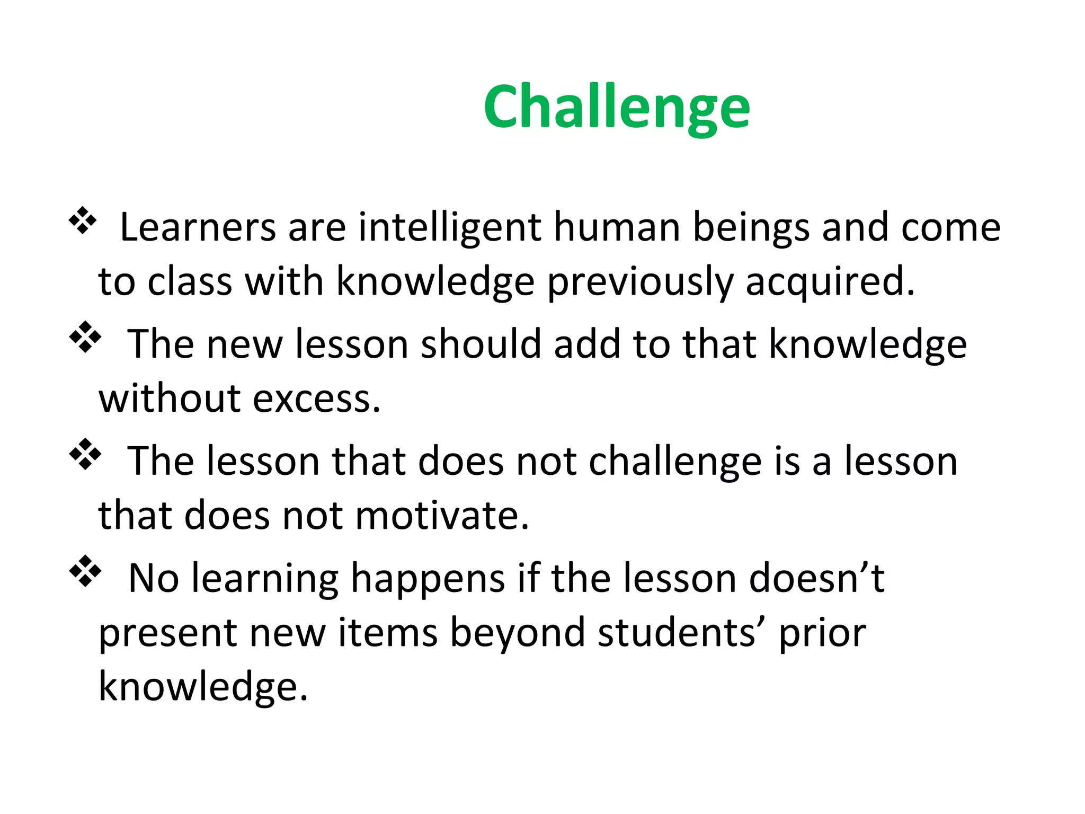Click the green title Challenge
pos(617,108)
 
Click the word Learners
pos(198,227)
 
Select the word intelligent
pos(450,227)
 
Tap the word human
pos(617,227)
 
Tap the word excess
pos(316,399)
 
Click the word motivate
pos(442,516)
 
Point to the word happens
pos(428,579)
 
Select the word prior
pos(822,633)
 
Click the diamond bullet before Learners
pos(83,220)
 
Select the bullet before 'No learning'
pos(85,571)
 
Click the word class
pos(190,281)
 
